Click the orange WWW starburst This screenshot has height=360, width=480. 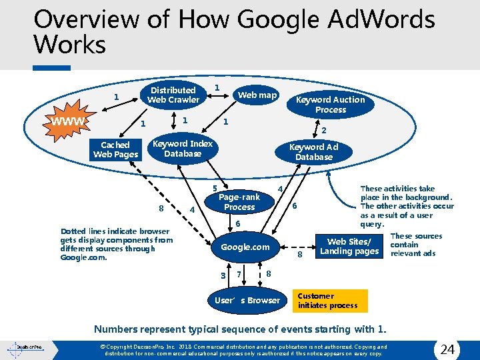point(70,121)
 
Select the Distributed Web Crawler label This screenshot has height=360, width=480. point(173,95)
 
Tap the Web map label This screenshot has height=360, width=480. point(257,95)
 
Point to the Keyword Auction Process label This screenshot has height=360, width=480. point(331,104)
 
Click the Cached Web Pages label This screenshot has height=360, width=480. point(116,149)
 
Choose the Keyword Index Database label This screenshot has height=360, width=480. point(183,148)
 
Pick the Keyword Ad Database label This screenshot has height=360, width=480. point(313,152)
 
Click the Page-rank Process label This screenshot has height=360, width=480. point(239,202)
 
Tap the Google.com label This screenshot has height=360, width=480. point(245,247)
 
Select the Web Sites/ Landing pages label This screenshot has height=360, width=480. point(349,246)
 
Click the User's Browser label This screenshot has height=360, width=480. point(247,300)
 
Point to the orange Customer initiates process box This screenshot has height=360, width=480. point(330,301)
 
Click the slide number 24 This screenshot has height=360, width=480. point(448,349)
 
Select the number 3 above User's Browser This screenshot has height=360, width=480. point(223,275)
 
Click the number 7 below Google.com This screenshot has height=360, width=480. point(239,275)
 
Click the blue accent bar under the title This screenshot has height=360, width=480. point(52,67)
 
